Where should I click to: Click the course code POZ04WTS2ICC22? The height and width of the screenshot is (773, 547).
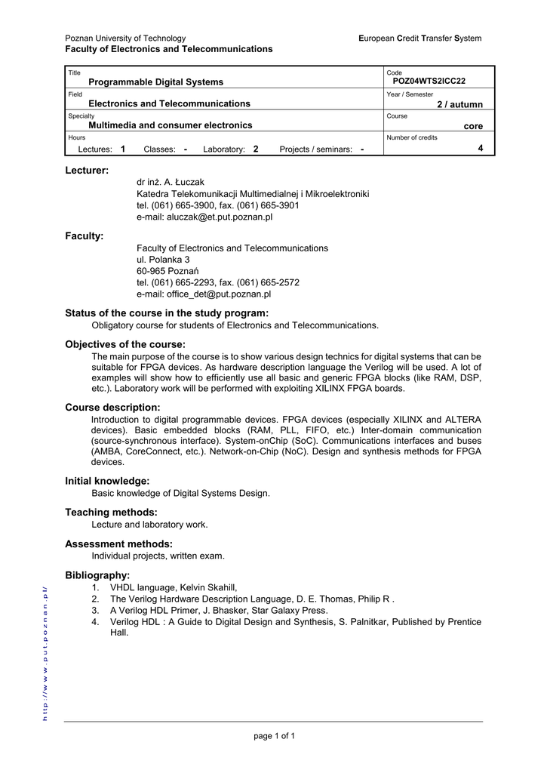pyautogui.click(x=429, y=81)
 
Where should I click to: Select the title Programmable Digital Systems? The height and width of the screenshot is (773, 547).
pyautogui.click(x=156, y=82)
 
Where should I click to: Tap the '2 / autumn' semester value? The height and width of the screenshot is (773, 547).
pyautogui.click(x=459, y=104)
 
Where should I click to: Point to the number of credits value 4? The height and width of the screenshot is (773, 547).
pyautogui.click(x=481, y=148)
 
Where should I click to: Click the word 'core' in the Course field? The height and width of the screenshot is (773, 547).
pyautogui.click(x=473, y=126)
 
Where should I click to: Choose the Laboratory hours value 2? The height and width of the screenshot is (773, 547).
pyautogui.click(x=256, y=149)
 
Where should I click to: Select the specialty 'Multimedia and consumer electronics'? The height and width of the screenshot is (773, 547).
pyautogui.click(x=171, y=125)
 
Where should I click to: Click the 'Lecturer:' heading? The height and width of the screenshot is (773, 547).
pyautogui.click(x=87, y=171)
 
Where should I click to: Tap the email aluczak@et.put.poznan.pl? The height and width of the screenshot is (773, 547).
pyautogui.click(x=204, y=217)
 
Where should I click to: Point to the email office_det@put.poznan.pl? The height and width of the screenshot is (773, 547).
pyautogui.click(x=203, y=294)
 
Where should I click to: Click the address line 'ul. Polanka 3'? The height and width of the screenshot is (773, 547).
pyautogui.click(x=163, y=260)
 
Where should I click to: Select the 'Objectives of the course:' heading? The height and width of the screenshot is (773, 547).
pyautogui.click(x=125, y=344)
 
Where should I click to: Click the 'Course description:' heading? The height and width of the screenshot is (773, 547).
pyautogui.click(x=112, y=408)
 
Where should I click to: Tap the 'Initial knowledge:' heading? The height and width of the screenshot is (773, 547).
pyautogui.click(x=107, y=481)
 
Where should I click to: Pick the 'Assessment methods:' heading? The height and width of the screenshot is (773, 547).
pyautogui.click(x=118, y=544)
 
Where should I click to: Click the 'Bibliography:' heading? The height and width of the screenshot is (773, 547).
pyautogui.click(x=97, y=575)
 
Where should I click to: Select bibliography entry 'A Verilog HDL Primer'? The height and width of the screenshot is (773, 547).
pyautogui.click(x=219, y=610)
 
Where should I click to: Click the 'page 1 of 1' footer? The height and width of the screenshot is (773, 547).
pyautogui.click(x=273, y=736)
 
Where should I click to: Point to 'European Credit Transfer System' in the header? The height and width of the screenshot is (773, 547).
pyautogui.click(x=419, y=38)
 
